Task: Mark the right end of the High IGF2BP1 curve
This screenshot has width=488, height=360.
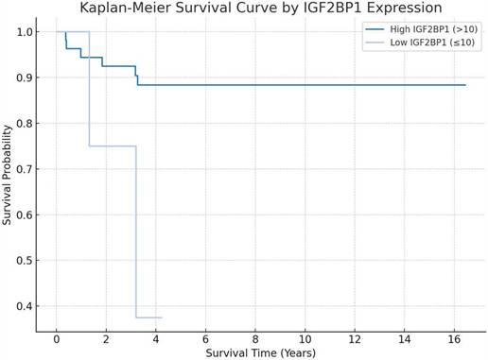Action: pos(465,85)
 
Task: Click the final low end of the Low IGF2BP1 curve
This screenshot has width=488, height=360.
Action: pos(162,317)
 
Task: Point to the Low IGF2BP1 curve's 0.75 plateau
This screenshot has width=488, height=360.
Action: pos(113,146)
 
